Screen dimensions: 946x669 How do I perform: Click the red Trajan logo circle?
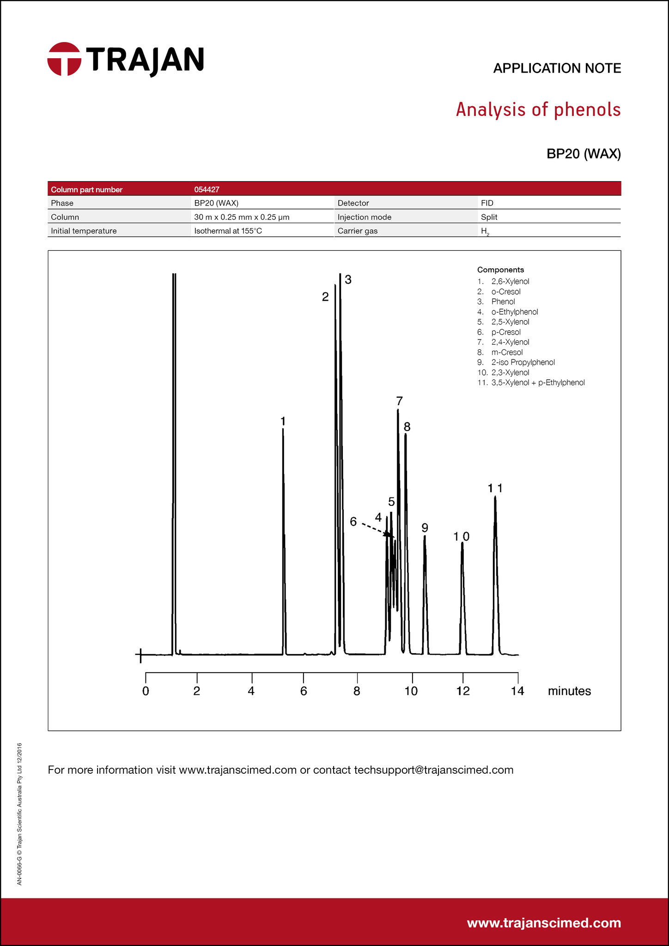(x=64, y=59)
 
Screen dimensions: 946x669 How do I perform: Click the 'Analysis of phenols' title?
(x=538, y=109)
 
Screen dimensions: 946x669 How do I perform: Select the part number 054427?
(x=207, y=189)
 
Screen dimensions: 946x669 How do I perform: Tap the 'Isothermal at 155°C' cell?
(x=228, y=230)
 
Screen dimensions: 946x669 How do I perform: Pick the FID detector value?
(x=487, y=203)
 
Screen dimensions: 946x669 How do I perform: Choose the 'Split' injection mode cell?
(x=489, y=217)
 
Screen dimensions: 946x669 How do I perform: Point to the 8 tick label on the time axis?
(x=357, y=691)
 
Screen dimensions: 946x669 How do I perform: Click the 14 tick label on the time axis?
(x=517, y=691)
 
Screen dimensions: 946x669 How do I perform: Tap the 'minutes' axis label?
(x=569, y=691)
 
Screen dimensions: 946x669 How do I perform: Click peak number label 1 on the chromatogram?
(x=283, y=421)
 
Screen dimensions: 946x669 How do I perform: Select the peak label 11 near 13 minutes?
(x=495, y=488)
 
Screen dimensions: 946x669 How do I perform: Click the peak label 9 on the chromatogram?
(x=425, y=528)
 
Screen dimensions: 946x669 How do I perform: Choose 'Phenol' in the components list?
(x=503, y=302)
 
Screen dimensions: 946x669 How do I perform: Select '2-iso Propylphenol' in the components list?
(x=523, y=362)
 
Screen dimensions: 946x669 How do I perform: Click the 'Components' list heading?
(x=500, y=270)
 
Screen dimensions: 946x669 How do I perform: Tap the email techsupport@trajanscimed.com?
(x=433, y=770)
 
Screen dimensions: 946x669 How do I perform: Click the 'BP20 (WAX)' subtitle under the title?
(x=584, y=154)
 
